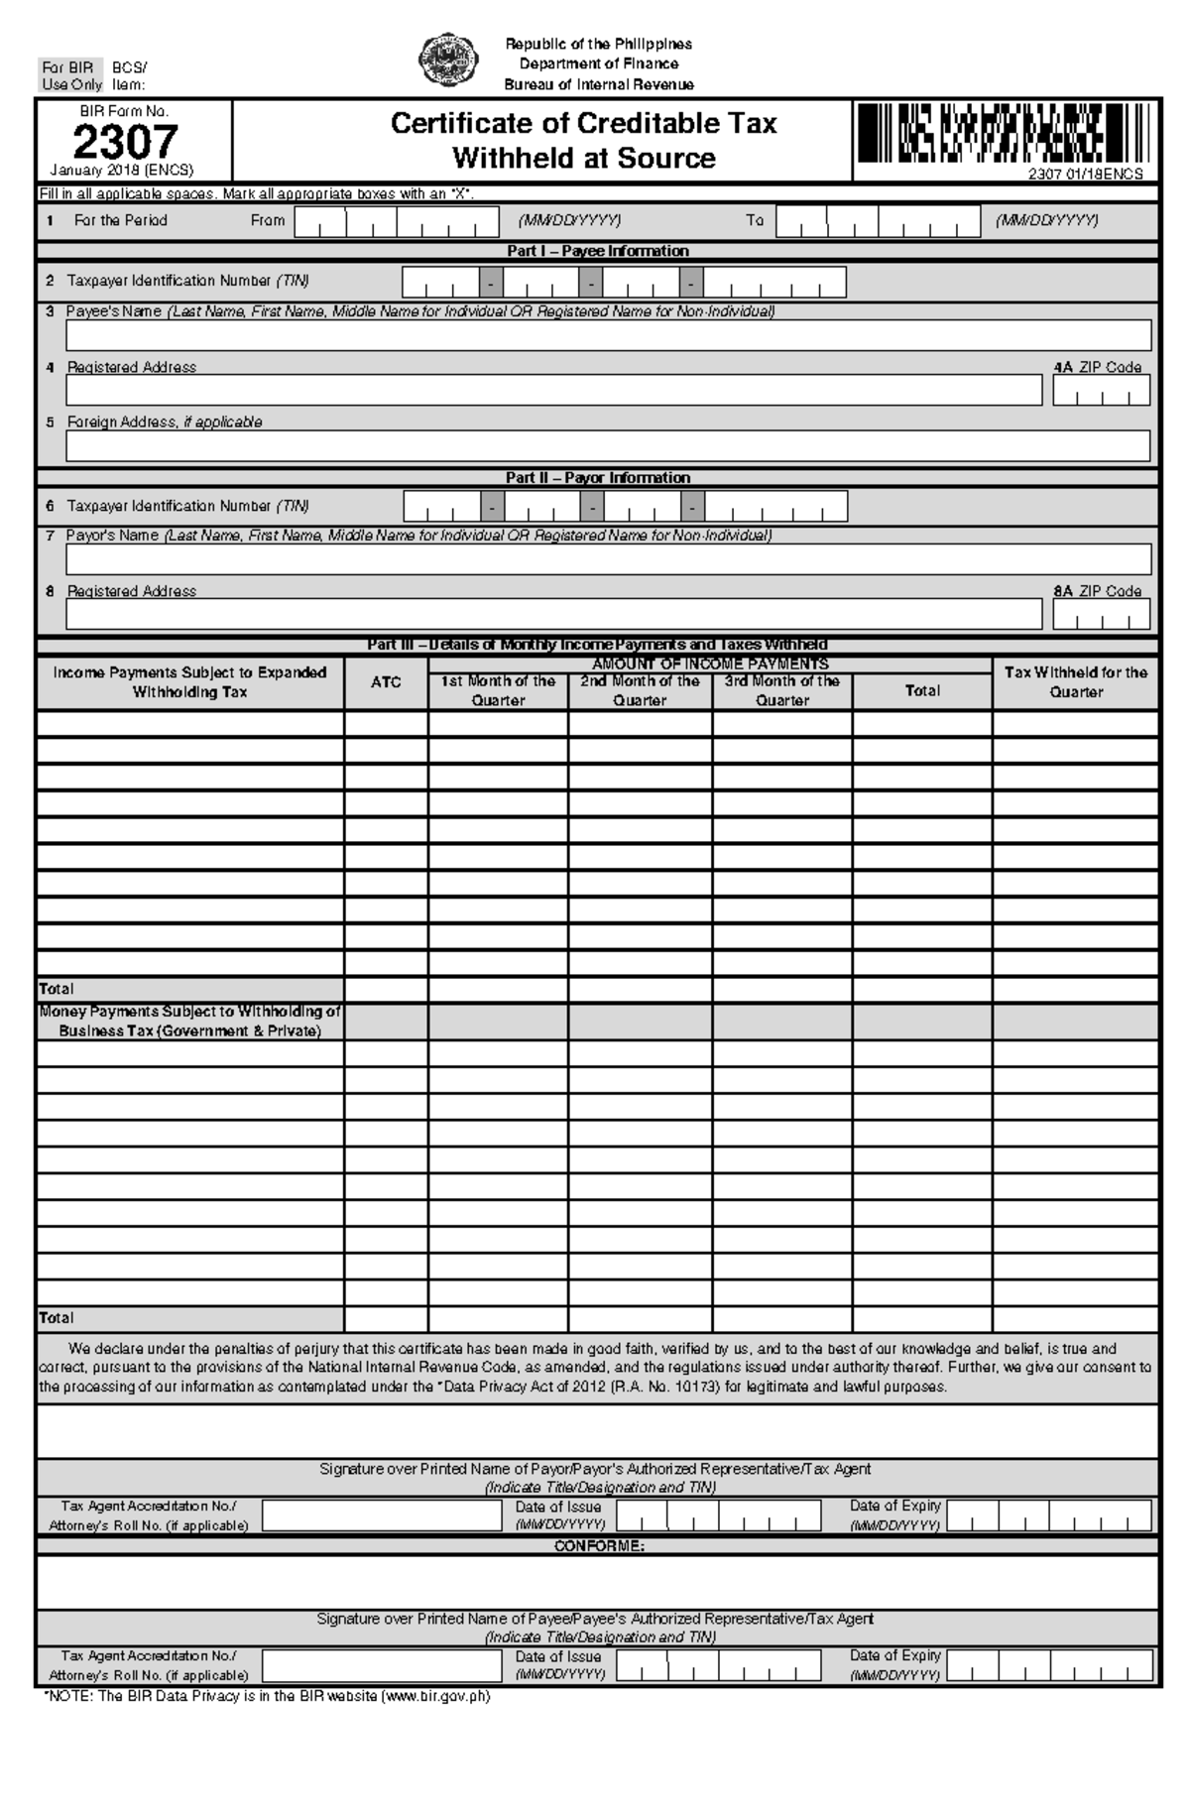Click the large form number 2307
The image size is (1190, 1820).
pyautogui.click(x=125, y=142)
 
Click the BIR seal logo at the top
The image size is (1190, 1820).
pyautogui.click(x=447, y=61)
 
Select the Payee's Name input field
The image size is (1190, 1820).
pyautogui.click(x=608, y=335)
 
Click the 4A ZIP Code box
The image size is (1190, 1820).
pyautogui.click(x=1101, y=391)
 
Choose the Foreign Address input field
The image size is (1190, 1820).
pyautogui.click(x=608, y=445)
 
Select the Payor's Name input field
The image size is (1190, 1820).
pyautogui.click(x=608, y=559)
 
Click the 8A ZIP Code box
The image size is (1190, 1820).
pyautogui.click(x=1101, y=615)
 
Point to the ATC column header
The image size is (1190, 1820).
pyautogui.click(x=386, y=682)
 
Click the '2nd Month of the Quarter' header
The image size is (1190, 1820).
pyautogui.click(x=640, y=690)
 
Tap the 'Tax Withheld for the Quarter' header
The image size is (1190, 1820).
pyautogui.click(x=1076, y=682)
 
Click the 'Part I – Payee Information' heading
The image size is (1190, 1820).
pyautogui.click(x=597, y=251)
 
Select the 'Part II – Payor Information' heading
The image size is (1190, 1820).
pyautogui.click(x=597, y=478)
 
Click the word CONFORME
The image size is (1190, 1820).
pyautogui.click(x=598, y=1546)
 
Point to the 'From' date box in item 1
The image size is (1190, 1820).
pyautogui.click(x=397, y=222)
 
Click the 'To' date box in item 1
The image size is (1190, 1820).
pyautogui.click(x=879, y=222)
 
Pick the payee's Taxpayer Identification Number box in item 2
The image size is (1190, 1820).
pyautogui.click(x=624, y=283)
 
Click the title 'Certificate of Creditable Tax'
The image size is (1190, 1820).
pyautogui.click(x=583, y=124)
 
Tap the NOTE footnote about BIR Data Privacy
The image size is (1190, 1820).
pyautogui.click(x=266, y=1696)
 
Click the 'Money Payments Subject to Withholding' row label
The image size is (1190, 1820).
pyautogui.click(x=189, y=1022)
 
